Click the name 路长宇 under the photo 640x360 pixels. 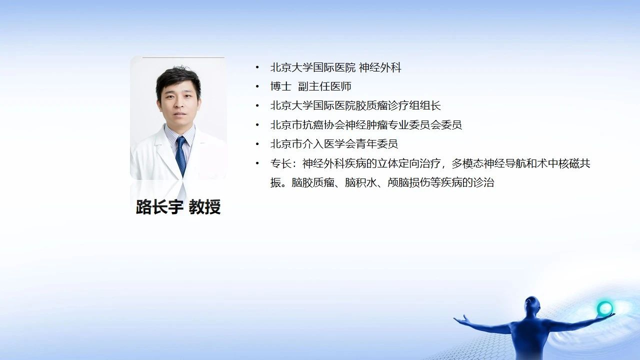(159, 206)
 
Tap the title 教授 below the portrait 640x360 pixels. (204, 206)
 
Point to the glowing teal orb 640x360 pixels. (605, 308)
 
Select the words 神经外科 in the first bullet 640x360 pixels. (380, 67)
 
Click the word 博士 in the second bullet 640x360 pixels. (281, 86)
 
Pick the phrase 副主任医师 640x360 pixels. (324, 86)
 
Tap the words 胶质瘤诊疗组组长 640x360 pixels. (398, 105)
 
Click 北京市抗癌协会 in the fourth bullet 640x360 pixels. (307, 125)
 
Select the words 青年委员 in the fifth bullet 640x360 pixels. (376, 144)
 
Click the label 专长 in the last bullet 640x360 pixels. (281, 163)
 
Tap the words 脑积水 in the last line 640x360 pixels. (360, 182)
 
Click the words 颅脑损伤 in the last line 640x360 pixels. (408, 182)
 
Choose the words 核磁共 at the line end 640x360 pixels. (574, 163)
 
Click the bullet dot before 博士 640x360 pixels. (257, 86)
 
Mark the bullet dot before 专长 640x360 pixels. (257, 163)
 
